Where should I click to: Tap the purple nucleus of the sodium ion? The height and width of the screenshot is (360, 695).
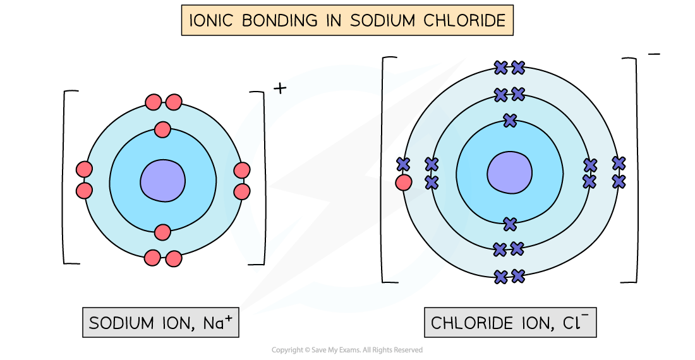pos(162,181)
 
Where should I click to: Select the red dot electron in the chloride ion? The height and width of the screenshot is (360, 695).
pos(403,183)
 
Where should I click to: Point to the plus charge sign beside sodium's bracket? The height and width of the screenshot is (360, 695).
pos(280,89)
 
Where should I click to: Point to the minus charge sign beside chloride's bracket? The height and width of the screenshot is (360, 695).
pos(654,54)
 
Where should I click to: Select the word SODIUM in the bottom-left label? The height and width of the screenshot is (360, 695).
pos(121,323)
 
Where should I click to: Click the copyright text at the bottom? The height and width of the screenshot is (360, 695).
pos(347,350)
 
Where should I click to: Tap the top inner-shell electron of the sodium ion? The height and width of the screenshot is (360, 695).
pos(162,129)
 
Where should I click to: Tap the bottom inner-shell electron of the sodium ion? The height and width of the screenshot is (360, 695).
pos(162,232)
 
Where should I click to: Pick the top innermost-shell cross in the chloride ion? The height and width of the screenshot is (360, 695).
pos(509,120)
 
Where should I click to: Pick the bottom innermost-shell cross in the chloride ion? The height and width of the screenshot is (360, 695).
pos(509,224)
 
